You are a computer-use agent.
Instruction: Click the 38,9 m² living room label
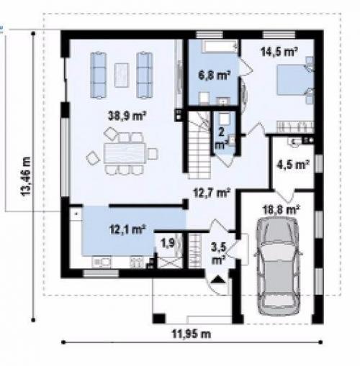[127, 116]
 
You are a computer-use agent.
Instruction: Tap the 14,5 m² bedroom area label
[279, 51]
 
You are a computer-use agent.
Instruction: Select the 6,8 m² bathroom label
[215, 75]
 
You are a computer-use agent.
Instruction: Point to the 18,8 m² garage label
[282, 210]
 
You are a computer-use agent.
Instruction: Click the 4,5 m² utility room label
[293, 165]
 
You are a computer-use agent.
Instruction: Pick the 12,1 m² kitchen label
[127, 229]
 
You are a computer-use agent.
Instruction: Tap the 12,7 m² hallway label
[212, 193]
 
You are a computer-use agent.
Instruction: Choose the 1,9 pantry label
[168, 243]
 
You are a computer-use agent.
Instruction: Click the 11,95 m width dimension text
[192, 334]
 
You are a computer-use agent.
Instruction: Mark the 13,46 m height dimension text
[26, 176]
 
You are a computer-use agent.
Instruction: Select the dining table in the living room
[125, 153]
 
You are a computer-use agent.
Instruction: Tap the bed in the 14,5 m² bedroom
[295, 80]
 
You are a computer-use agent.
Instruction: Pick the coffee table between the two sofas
[122, 75]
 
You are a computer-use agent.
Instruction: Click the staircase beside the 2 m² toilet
[199, 145]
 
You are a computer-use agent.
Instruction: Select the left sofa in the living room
[99, 75]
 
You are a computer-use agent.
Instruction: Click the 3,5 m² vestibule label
[218, 253]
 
